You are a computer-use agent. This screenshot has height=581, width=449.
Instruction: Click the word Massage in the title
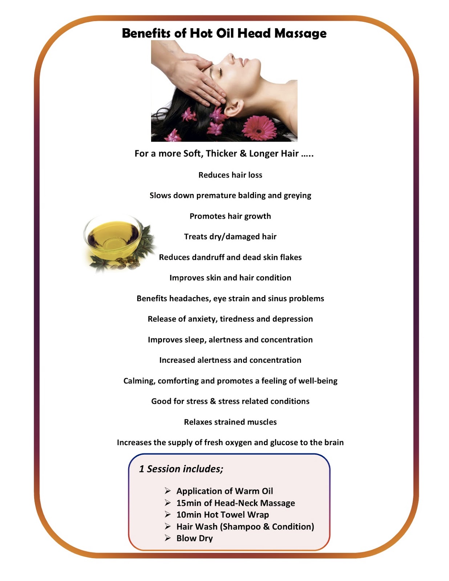(300, 33)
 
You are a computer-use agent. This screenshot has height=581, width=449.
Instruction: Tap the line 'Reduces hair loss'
(230, 175)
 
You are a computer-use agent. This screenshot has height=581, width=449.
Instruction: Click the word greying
(297, 196)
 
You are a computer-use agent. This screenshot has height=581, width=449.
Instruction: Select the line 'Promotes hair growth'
(230, 216)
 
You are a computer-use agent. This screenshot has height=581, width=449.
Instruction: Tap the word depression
(292, 319)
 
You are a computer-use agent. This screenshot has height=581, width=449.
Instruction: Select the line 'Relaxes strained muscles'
(230, 422)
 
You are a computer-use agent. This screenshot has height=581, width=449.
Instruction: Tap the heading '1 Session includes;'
(181, 469)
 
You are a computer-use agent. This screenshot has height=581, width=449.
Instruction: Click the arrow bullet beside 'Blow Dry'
(167, 538)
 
